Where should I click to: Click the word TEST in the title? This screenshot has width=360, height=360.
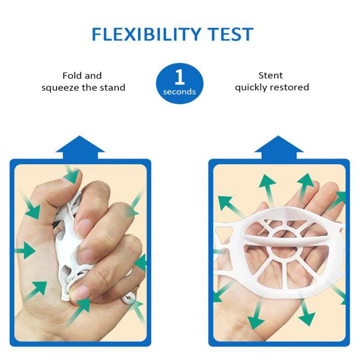(x=230, y=34)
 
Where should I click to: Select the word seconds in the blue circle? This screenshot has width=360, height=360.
(x=179, y=92)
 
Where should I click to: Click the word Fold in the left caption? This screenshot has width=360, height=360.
(x=72, y=76)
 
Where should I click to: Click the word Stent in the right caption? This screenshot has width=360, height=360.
(x=270, y=75)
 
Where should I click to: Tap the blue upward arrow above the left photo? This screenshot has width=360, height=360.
(x=80, y=148)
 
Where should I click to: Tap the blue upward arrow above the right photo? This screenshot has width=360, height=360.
(x=279, y=148)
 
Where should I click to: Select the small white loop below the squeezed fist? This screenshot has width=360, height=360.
(x=129, y=299)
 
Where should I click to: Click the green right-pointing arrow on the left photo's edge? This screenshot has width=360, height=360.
(x=25, y=251)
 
